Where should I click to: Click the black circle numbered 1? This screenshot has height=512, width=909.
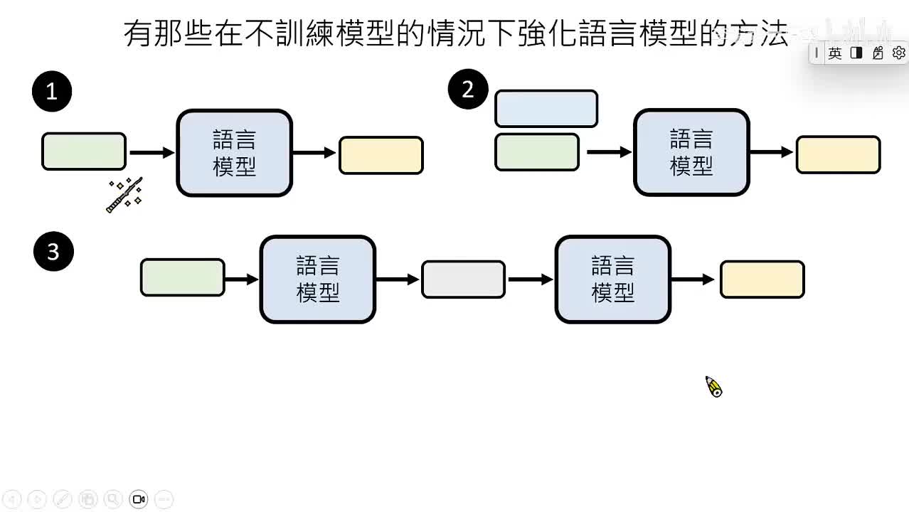(51, 91)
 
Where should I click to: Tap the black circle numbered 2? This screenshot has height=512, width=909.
(467, 89)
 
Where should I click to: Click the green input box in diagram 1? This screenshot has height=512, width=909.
(84, 151)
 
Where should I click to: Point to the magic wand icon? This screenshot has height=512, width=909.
(124, 195)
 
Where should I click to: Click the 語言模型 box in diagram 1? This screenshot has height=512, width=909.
(234, 153)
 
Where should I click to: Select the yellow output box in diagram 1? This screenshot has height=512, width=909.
(381, 156)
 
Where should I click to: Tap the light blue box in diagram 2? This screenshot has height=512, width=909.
(546, 109)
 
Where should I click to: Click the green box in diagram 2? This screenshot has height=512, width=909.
(537, 152)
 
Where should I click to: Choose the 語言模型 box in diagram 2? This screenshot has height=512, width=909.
(691, 152)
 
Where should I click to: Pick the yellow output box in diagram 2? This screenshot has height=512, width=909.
(838, 155)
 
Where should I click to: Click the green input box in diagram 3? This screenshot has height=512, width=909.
(183, 277)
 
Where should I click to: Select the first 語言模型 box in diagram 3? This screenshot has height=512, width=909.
(317, 279)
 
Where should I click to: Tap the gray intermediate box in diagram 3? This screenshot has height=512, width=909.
(463, 279)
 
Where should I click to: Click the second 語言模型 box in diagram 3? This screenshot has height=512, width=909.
(612, 279)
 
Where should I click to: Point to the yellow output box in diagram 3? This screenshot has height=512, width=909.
(762, 279)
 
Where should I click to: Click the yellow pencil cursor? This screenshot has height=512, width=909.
(713, 387)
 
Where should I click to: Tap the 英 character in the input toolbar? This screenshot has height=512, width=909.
(835, 53)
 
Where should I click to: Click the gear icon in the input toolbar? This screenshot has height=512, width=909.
(898, 53)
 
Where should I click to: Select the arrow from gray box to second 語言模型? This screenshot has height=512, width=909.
(530, 279)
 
